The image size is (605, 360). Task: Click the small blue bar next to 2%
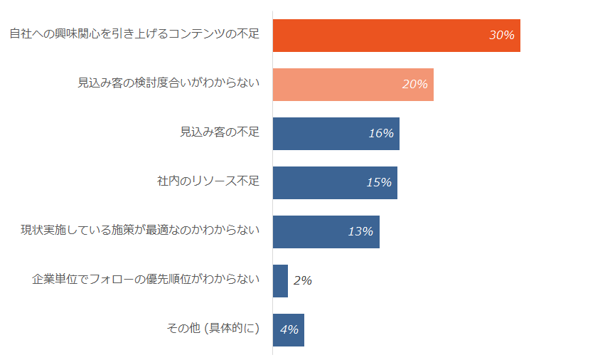280,281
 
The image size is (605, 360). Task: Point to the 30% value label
501,36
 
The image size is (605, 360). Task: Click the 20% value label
414,85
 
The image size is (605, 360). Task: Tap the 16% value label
380,134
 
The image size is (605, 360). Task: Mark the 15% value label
378,183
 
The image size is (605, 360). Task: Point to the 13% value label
360,232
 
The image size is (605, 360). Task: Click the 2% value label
302,281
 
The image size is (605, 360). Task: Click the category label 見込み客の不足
220,132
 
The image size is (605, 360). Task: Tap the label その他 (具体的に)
213,329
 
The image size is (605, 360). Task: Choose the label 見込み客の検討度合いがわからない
168,83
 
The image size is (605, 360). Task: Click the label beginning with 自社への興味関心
134,34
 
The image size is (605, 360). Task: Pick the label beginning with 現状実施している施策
140,231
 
